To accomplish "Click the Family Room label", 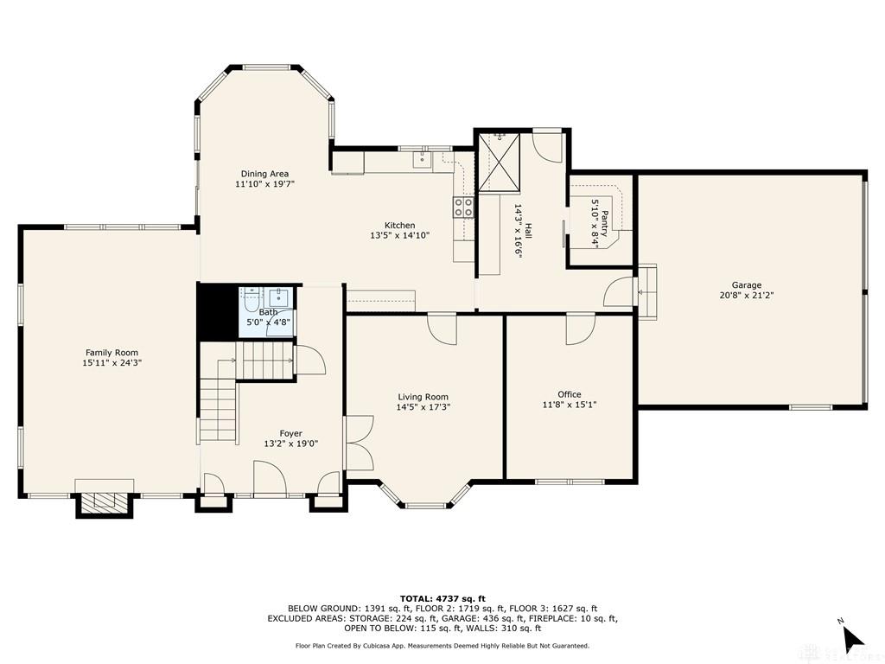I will point(111,352).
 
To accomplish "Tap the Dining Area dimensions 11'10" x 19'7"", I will point(265,184).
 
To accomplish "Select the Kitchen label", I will point(399,225).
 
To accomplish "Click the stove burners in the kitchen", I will point(464,207).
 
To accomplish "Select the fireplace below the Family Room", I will point(105,501).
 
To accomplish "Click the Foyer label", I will point(290,433).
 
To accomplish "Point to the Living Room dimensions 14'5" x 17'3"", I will point(423,406).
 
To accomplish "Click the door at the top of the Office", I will point(578,329).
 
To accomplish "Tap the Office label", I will point(569,394).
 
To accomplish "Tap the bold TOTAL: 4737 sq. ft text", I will point(442,598).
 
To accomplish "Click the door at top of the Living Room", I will point(442,329).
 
